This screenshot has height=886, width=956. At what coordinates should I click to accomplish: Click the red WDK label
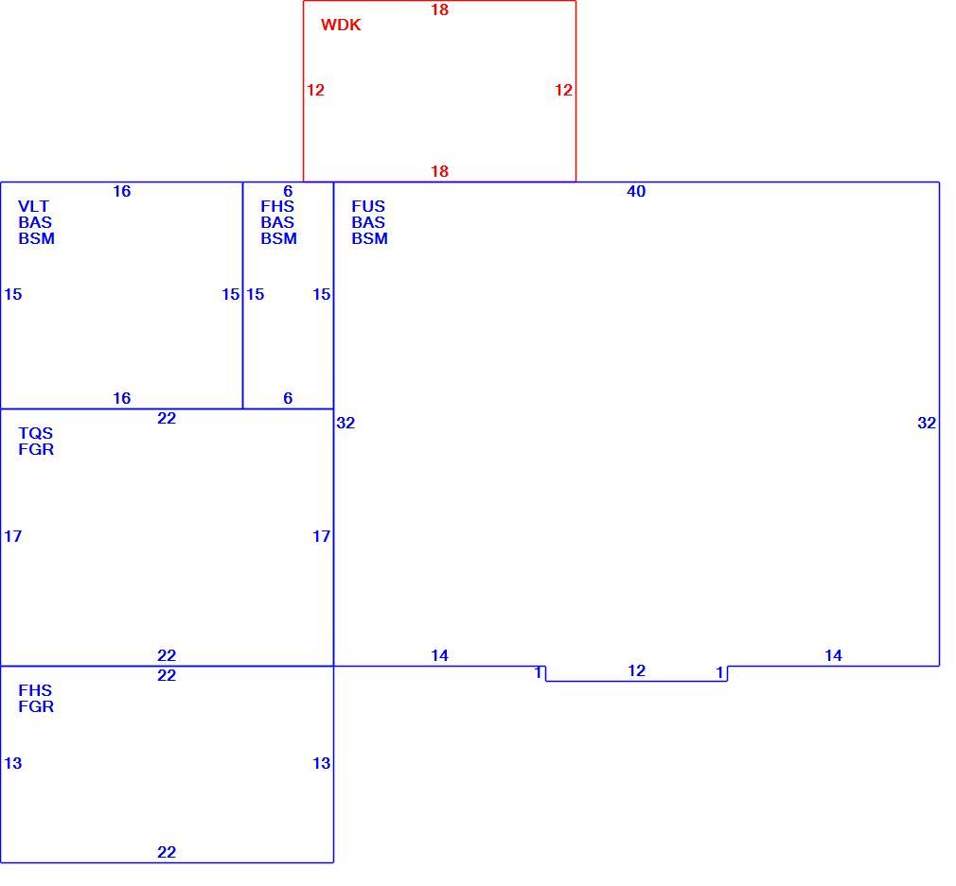(x=341, y=25)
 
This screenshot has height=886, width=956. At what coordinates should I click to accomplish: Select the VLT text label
(x=33, y=206)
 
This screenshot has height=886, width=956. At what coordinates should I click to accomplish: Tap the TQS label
(x=35, y=433)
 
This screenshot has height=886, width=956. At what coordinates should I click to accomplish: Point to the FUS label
(x=368, y=206)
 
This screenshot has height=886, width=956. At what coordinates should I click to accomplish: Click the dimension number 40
(x=636, y=191)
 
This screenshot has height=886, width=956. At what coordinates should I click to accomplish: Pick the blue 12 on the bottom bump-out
(x=636, y=670)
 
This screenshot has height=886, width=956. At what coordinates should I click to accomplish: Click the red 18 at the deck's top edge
(x=439, y=9)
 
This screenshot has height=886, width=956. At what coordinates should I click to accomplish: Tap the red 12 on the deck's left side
(x=315, y=90)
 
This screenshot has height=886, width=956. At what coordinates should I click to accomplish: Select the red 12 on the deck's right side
(x=563, y=90)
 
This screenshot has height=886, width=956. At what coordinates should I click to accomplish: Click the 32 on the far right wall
(x=927, y=423)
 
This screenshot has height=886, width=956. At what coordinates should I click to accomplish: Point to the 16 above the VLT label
(x=122, y=191)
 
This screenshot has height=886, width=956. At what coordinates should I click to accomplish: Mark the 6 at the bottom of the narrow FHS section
(x=288, y=398)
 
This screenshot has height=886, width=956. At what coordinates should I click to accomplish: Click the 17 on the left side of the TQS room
(x=13, y=536)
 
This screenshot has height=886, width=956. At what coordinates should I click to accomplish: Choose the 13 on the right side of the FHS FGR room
(x=321, y=763)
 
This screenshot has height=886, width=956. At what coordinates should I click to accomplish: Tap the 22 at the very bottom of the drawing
(x=167, y=852)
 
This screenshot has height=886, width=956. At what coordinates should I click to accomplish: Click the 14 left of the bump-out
(x=439, y=655)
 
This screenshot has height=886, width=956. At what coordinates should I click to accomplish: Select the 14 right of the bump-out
(x=834, y=655)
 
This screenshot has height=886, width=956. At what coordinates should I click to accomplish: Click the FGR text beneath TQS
(x=36, y=449)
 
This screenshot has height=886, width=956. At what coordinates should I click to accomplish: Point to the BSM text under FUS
(x=369, y=238)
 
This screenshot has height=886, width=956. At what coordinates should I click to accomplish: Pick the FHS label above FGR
(x=35, y=690)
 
